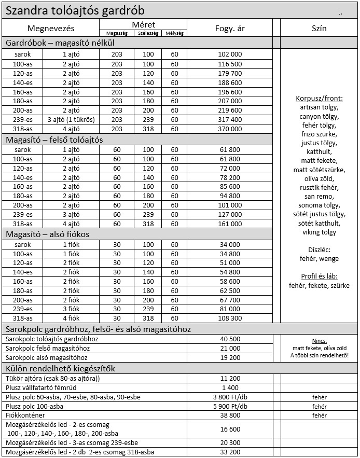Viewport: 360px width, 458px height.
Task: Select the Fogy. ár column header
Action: pyautogui.click(x=230, y=28)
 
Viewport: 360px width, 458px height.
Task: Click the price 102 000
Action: pyautogui.click(x=230, y=54)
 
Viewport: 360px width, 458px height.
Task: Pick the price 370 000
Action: pyautogui.click(x=230, y=129)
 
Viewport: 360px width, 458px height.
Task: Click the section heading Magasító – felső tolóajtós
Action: pyautogui.click(x=54, y=140)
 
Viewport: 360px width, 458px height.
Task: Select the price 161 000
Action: pyautogui.click(x=230, y=224)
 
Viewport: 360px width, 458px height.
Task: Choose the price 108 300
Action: pyautogui.click(x=230, y=318)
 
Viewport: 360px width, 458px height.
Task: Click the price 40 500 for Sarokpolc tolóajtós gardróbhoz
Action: pyautogui.click(x=230, y=339)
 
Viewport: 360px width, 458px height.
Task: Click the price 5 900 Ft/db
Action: pyautogui.click(x=230, y=406)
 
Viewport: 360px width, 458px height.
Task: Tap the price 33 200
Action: pyautogui.click(x=230, y=452)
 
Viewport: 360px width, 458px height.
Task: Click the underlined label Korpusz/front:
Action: pyautogui.click(x=319, y=99)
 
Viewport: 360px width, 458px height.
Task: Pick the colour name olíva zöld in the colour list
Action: pyautogui.click(x=319, y=178)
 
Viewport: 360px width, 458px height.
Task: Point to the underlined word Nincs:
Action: pyautogui.click(x=319, y=341)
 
